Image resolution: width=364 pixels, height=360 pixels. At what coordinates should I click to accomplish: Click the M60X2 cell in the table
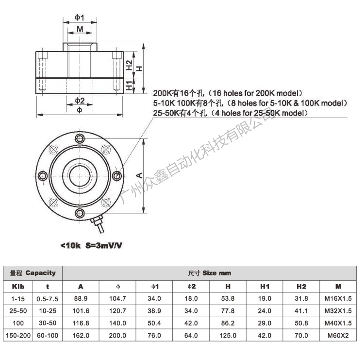click(x=338, y=335)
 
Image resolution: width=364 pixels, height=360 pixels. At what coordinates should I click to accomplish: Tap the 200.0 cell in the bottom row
click(x=118, y=335)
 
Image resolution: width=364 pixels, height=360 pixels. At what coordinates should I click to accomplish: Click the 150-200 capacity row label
click(x=18, y=335)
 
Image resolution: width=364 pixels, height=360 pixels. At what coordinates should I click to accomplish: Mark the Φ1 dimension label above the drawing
click(x=80, y=17)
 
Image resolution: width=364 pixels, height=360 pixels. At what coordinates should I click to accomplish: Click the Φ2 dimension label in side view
click(x=80, y=101)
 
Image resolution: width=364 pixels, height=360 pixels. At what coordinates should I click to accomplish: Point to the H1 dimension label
click(x=129, y=86)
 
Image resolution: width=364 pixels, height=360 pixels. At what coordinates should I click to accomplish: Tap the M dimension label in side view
click(x=80, y=29)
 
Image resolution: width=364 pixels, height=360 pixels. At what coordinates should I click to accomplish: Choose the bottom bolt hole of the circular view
click(x=81, y=212)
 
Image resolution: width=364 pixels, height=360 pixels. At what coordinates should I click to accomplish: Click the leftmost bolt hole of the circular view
click(x=43, y=175)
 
